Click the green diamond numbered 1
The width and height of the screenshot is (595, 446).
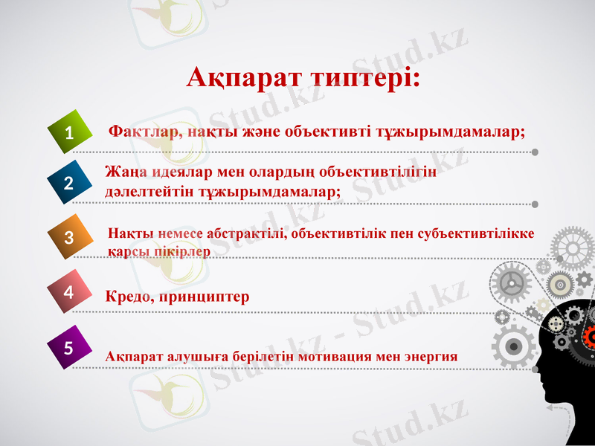point(68,133)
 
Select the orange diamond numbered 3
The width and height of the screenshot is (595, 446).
point(68,238)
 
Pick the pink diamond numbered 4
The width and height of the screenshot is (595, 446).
point(68,292)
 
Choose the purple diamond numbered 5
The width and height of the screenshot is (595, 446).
point(68,347)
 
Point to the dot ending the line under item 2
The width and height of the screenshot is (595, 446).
point(536,203)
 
